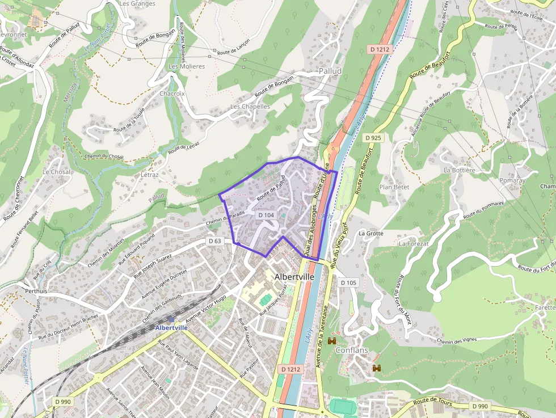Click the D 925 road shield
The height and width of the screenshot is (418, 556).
click(x=373, y=138)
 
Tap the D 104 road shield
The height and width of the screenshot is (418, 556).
click(x=266, y=215)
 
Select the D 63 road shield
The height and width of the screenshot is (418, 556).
click(x=214, y=241)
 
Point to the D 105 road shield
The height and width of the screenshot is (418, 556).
click(x=348, y=282)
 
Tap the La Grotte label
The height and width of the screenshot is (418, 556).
click(x=371, y=233)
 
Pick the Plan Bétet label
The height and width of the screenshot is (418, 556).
click(x=394, y=187)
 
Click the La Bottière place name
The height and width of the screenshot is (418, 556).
click(x=459, y=170)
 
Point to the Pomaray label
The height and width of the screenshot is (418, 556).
click(x=512, y=180)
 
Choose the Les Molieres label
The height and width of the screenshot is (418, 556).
click(x=187, y=66)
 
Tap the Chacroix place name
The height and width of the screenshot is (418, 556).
click(x=172, y=94)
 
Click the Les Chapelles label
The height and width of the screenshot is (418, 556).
click(x=250, y=107)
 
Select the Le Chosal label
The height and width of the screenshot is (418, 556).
click(x=57, y=171)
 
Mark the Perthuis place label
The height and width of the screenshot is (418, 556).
click(x=36, y=291)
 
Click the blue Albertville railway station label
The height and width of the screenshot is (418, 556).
click(x=171, y=328)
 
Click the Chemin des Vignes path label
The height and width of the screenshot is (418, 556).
click(x=457, y=340)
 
